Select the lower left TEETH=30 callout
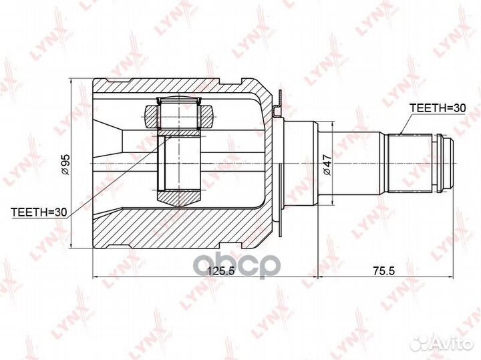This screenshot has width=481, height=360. tap(39, 212)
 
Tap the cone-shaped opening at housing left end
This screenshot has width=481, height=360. tap(107, 141)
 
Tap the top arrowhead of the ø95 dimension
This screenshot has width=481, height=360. tap(71, 82)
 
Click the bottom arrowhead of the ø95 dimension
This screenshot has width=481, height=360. tap(71, 246)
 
